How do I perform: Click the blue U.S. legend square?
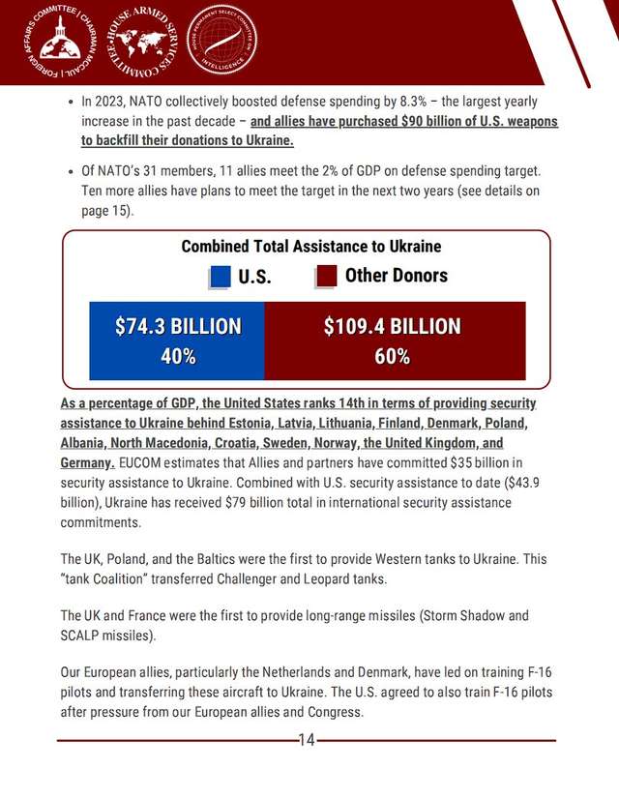[221, 277]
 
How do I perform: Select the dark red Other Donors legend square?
[327, 277]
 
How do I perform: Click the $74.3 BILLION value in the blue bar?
[177, 327]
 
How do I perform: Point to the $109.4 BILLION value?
[392, 327]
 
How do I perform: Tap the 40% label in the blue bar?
[177, 356]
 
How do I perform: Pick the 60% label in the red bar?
[392, 356]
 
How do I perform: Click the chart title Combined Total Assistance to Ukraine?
[310, 246]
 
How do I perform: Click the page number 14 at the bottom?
[307, 741]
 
